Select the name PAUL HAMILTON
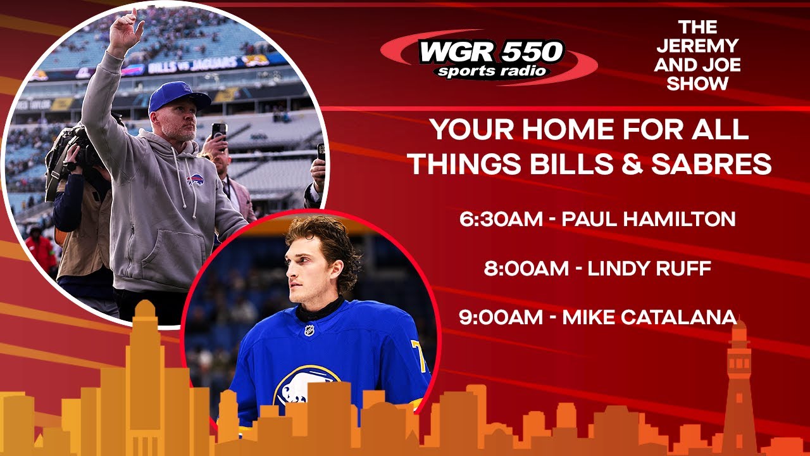click(x=649, y=219)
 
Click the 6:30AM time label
click(x=501, y=219)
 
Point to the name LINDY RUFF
click(x=650, y=269)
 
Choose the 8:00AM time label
click(x=526, y=269)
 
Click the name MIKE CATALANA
click(x=649, y=317)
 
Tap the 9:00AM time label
click(x=501, y=317)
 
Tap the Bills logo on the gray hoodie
click(x=195, y=179)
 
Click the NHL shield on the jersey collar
click(x=308, y=329)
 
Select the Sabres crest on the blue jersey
click(x=304, y=386)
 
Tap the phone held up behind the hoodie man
click(x=219, y=131)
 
